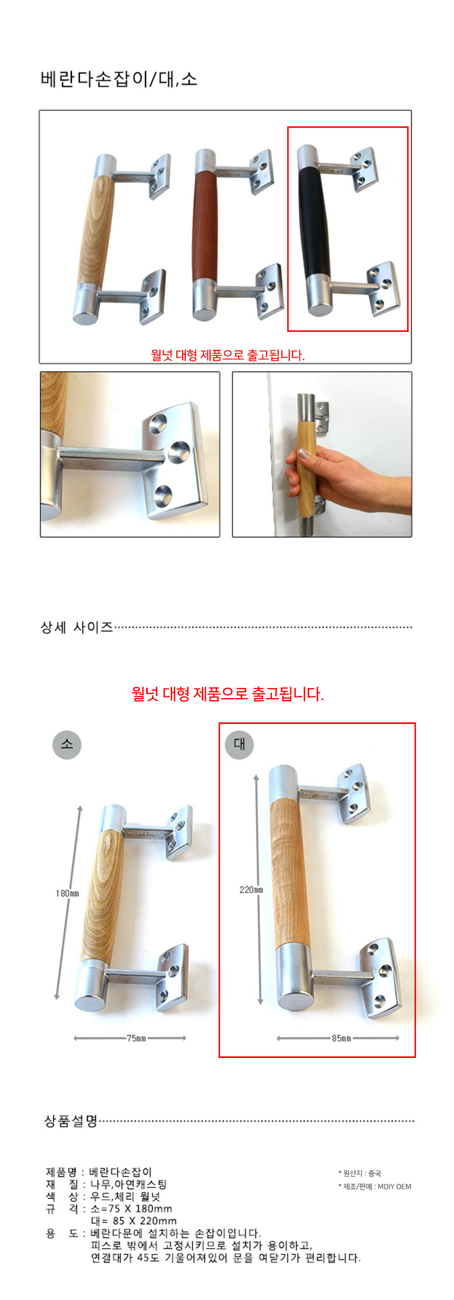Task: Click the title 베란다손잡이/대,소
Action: tap(119, 79)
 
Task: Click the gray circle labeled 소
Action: tap(67, 744)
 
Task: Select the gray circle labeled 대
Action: tap(239, 744)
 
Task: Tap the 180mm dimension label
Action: tap(67, 893)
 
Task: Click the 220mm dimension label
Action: tap(251, 889)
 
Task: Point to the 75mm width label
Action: tap(136, 1038)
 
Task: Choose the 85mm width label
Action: tap(342, 1038)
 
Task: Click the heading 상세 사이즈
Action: tap(77, 627)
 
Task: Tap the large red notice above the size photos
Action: tap(228, 693)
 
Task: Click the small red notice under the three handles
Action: tap(228, 355)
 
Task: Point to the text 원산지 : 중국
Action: tap(360, 1173)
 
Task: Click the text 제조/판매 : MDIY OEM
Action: tap(375, 1186)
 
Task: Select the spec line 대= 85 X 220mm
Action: tap(134, 1221)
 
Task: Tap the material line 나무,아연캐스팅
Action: tap(128, 1184)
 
